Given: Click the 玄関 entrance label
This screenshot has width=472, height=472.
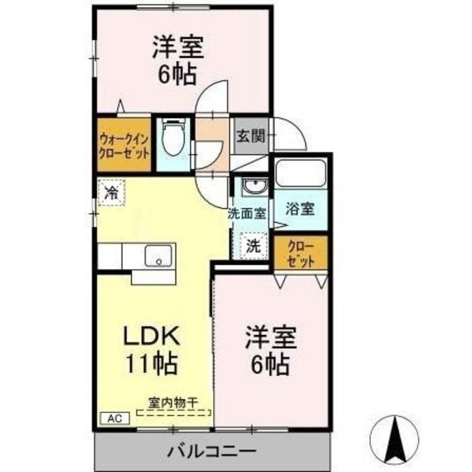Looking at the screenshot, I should pyautogui.click(x=249, y=136).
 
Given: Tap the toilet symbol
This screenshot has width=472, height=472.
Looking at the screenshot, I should pyautogui.click(x=174, y=138).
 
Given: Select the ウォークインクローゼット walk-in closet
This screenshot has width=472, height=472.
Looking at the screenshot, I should pyautogui.click(x=124, y=144).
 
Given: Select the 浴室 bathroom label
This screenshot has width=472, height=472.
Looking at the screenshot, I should pyautogui.click(x=301, y=209).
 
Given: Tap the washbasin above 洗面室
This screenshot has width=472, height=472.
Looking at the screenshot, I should pyautogui.click(x=252, y=187).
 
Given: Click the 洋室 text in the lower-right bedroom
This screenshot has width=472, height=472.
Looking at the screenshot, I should pyautogui.click(x=271, y=337).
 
